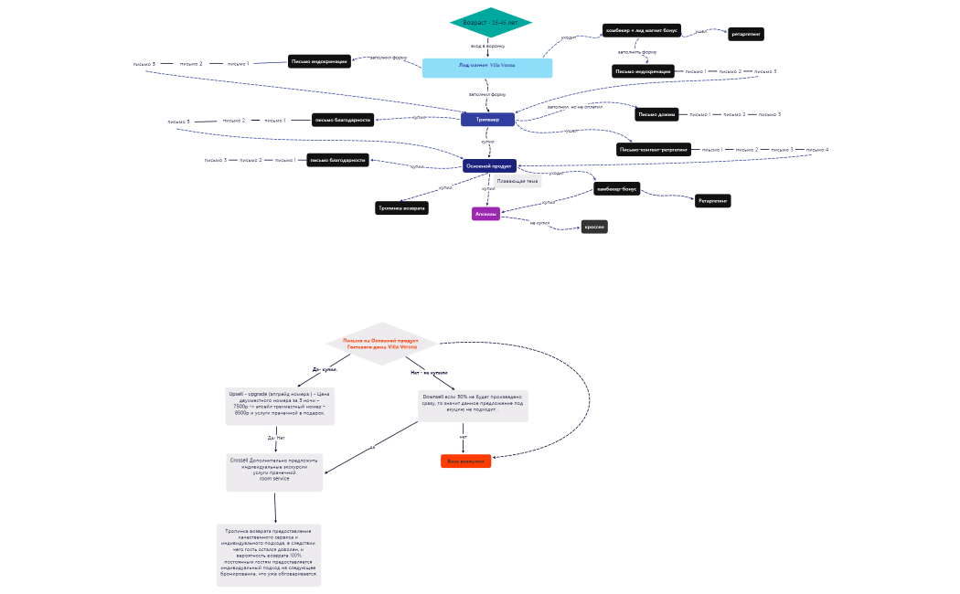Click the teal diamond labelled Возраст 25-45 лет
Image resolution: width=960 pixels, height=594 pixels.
point(490,22)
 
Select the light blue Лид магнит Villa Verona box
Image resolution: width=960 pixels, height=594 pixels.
point(486,67)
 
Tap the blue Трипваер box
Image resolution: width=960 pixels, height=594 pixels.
point(487,120)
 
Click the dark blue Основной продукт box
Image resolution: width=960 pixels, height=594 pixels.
point(489,166)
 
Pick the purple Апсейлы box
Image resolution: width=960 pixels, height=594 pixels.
point(485,214)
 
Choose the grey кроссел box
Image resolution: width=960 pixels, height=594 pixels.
point(594,227)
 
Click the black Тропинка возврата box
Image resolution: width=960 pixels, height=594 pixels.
point(401,208)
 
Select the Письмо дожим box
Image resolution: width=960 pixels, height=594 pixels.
point(656,115)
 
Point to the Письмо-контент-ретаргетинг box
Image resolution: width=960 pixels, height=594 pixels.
point(653,150)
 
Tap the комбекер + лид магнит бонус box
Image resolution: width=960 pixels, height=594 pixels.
point(641,31)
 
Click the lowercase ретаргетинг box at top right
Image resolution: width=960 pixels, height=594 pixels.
point(745,35)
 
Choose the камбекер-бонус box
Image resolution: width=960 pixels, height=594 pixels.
point(616,189)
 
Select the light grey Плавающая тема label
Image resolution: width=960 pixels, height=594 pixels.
point(517,182)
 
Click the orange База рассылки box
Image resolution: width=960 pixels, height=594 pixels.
point(465,461)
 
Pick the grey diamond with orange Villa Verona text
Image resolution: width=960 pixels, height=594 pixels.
point(381,345)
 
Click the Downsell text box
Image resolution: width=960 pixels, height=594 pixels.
point(473,403)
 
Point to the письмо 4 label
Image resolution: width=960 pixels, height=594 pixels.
point(816,150)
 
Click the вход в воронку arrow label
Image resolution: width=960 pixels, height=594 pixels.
point(487,46)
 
